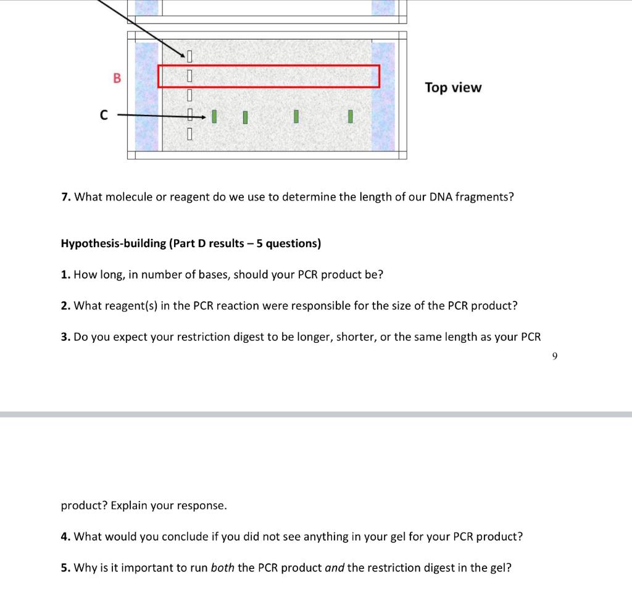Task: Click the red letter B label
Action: click(117, 78)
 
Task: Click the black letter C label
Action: click(104, 115)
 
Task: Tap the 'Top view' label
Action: click(453, 88)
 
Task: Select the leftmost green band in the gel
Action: click(214, 116)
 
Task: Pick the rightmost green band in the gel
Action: click(350, 116)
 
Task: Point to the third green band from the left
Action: click(296, 116)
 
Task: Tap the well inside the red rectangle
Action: click(190, 77)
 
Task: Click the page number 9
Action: click(555, 356)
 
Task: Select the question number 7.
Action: click(65, 197)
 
